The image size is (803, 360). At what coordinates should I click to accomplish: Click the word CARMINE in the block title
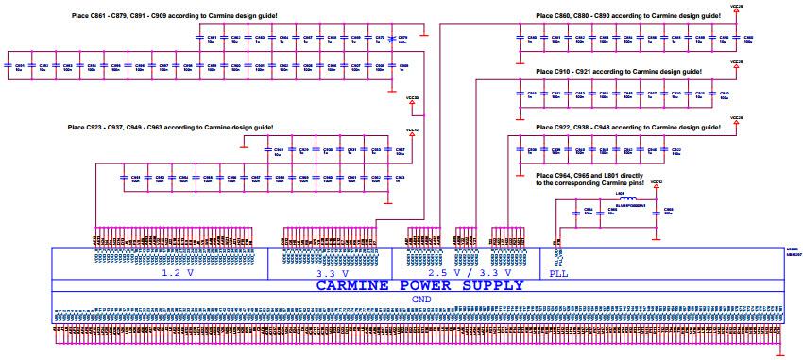[x=354, y=285]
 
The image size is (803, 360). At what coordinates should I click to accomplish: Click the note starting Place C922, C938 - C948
[x=628, y=127]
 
